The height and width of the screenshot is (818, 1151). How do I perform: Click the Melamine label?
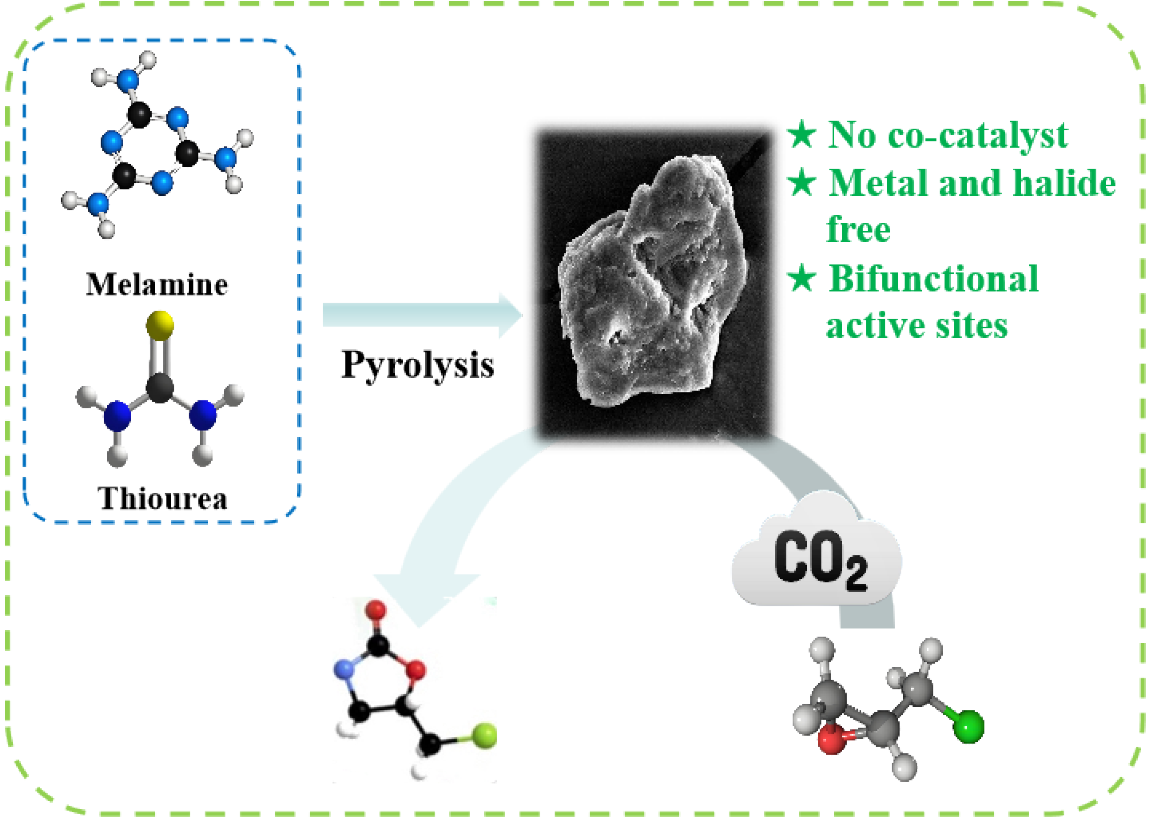[157, 285]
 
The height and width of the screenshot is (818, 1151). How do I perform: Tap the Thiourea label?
[163, 498]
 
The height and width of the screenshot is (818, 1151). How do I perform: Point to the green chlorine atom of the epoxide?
[968, 726]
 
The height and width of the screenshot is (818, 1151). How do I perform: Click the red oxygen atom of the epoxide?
[832, 741]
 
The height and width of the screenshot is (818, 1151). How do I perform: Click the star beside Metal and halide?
[801, 182]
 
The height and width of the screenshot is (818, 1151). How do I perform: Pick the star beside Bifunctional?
[801, 278]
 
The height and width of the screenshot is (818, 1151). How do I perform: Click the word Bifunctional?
[933, 279]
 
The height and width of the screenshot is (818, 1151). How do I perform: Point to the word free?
[858, 229]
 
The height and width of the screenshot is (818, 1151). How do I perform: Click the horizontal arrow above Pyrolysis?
[422, 315]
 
